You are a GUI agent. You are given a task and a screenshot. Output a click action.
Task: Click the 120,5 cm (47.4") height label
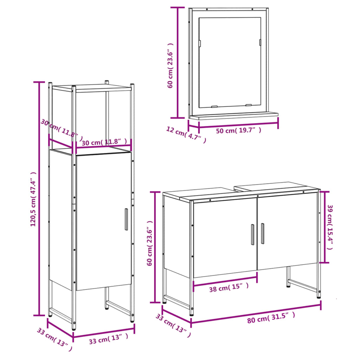click(x=33, y=199)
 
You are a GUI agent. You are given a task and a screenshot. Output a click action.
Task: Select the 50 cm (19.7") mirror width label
click(x=238, y=130)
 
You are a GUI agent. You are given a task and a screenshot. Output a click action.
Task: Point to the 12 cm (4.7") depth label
click(x=186, y=134)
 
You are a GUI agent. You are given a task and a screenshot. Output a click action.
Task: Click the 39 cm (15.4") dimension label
click(x=330, y=227)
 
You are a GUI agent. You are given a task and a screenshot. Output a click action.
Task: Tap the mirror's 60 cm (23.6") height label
click(x=171, y=65)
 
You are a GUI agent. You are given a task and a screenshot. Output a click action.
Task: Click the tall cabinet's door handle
click(x=126, y=219)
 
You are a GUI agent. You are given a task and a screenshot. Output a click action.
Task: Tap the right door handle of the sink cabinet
click(x=262, y=233)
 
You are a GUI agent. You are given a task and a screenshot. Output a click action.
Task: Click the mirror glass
click(x=229, y=62)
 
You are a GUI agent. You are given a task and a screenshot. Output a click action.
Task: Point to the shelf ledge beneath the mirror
click(x=233, y=116)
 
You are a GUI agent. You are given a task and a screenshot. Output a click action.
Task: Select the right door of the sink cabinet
click(x=288, y=232)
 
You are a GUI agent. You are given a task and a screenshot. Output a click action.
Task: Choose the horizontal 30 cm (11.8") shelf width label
click(x=104, y=142)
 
